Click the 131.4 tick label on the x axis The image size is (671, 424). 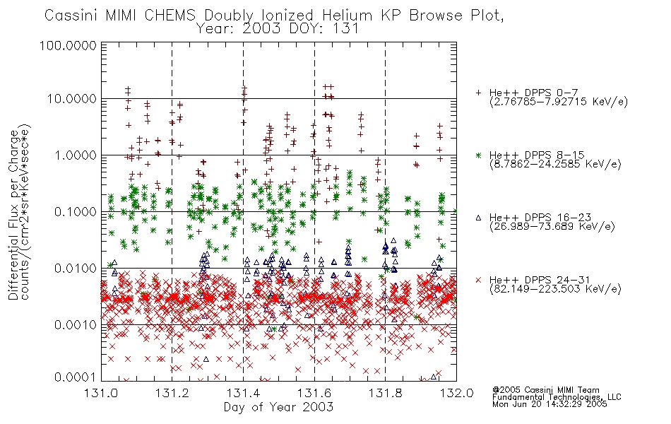pos(243,393)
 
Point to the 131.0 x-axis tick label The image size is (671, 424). pos(101,393)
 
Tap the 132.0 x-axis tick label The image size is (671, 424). pos(456,393)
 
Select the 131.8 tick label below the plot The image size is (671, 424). pos(385,393)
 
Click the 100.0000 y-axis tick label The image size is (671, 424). pos(68,45)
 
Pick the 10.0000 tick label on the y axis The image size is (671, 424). pos(72,99)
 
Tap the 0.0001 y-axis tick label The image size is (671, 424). pos(76,377)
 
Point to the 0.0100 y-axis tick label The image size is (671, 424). pos(76,269)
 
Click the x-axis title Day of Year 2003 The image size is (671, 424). pos(278,407)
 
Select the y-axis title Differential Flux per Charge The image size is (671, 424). pos(14,215)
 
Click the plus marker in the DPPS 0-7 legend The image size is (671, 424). pos(479,93)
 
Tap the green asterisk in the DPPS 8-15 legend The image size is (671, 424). pos(479,155)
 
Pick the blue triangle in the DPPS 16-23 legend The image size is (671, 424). pos(478,218)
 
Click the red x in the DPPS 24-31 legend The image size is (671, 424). pos(478,280)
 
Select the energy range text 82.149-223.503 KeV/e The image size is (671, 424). pos(555,289)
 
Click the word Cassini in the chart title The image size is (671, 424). pos(72,16)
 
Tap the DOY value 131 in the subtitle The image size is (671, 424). pos(347,29)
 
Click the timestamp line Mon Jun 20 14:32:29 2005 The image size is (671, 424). pos(550,404)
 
